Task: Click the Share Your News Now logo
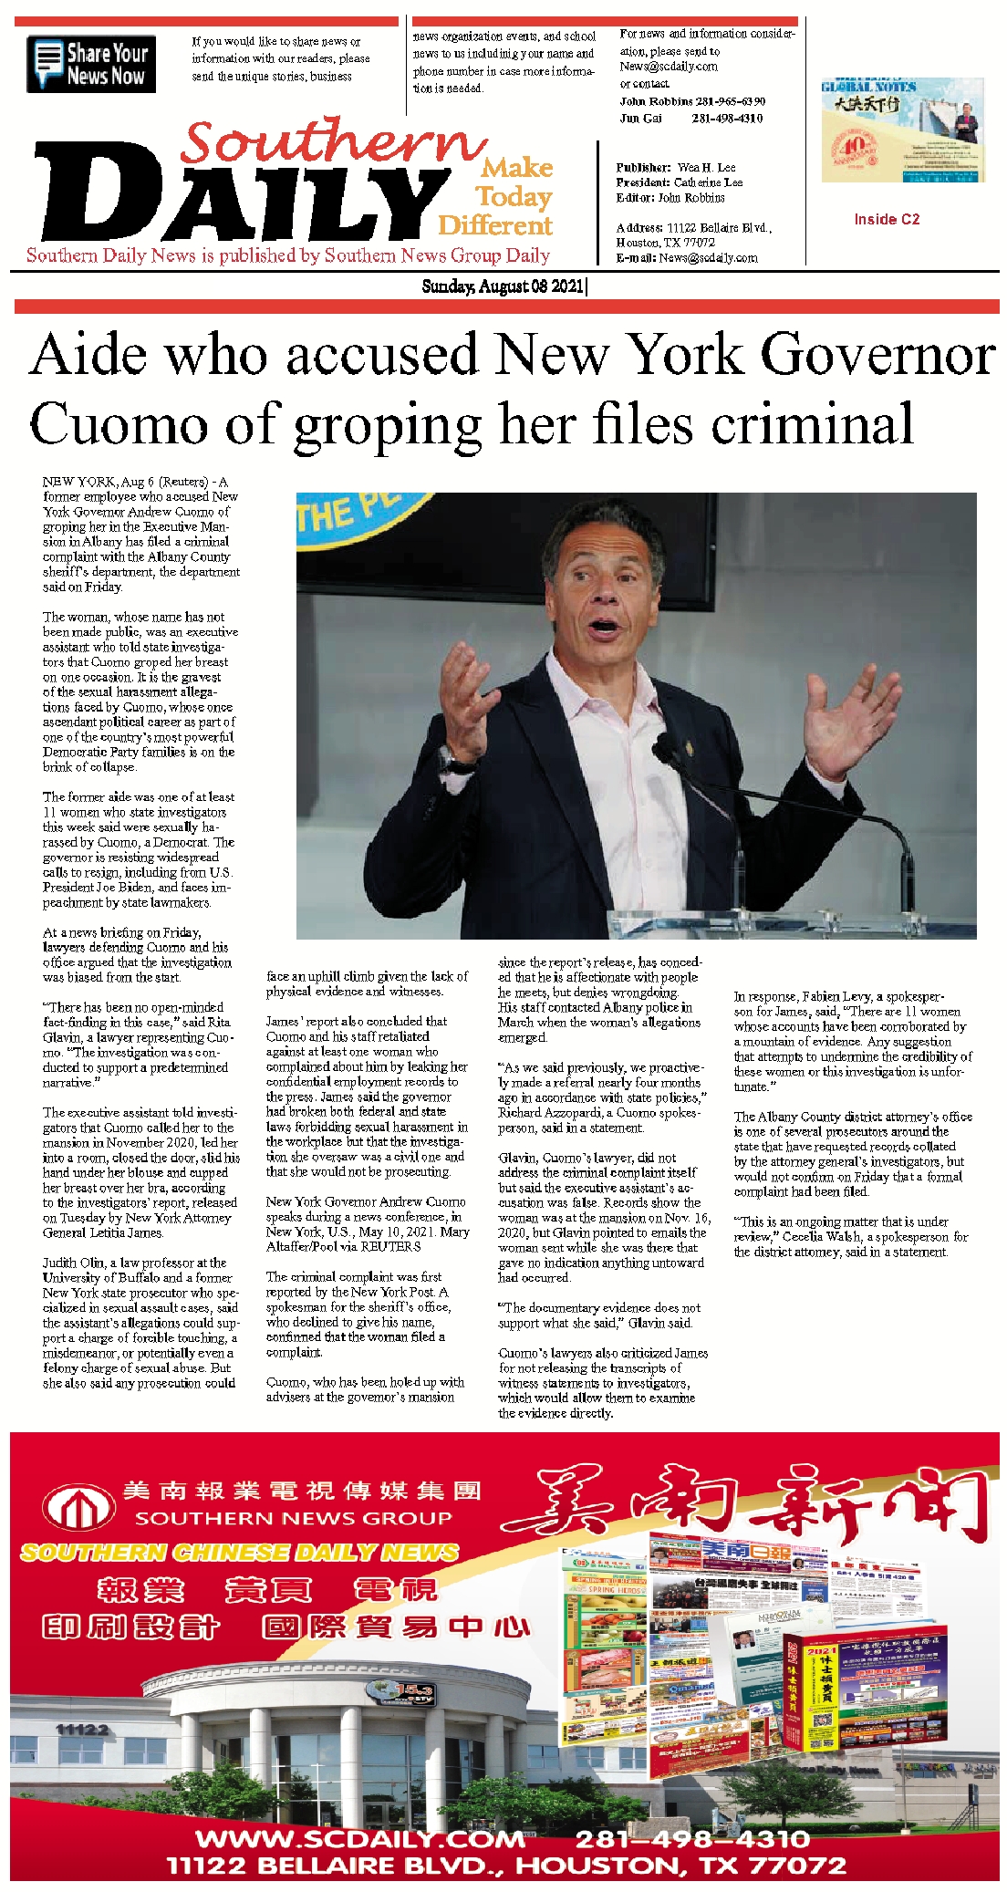[x=91, y=64]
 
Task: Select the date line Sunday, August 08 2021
[x=503, y=286]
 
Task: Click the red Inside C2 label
[x=887, y=219]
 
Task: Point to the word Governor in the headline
[x=877, y=355]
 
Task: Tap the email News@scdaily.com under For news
[x=669, y=67]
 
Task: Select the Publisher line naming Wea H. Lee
[x=675, y=168]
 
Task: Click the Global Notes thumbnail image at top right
[x=901, y=130]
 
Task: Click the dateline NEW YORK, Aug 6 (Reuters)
[x=134, y=482]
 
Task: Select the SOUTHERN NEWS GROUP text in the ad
[x=293, y=1519]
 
